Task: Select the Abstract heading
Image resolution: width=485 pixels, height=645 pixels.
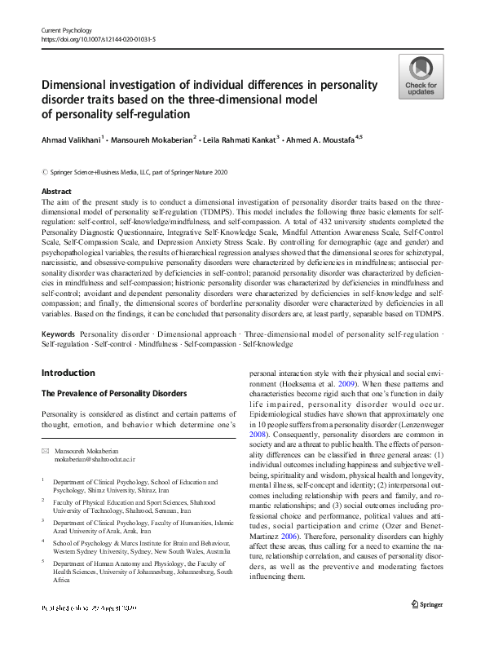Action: [56, 191]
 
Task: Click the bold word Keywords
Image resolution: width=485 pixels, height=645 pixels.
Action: [59, 335]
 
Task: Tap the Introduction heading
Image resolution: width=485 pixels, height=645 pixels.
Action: [68, 373]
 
